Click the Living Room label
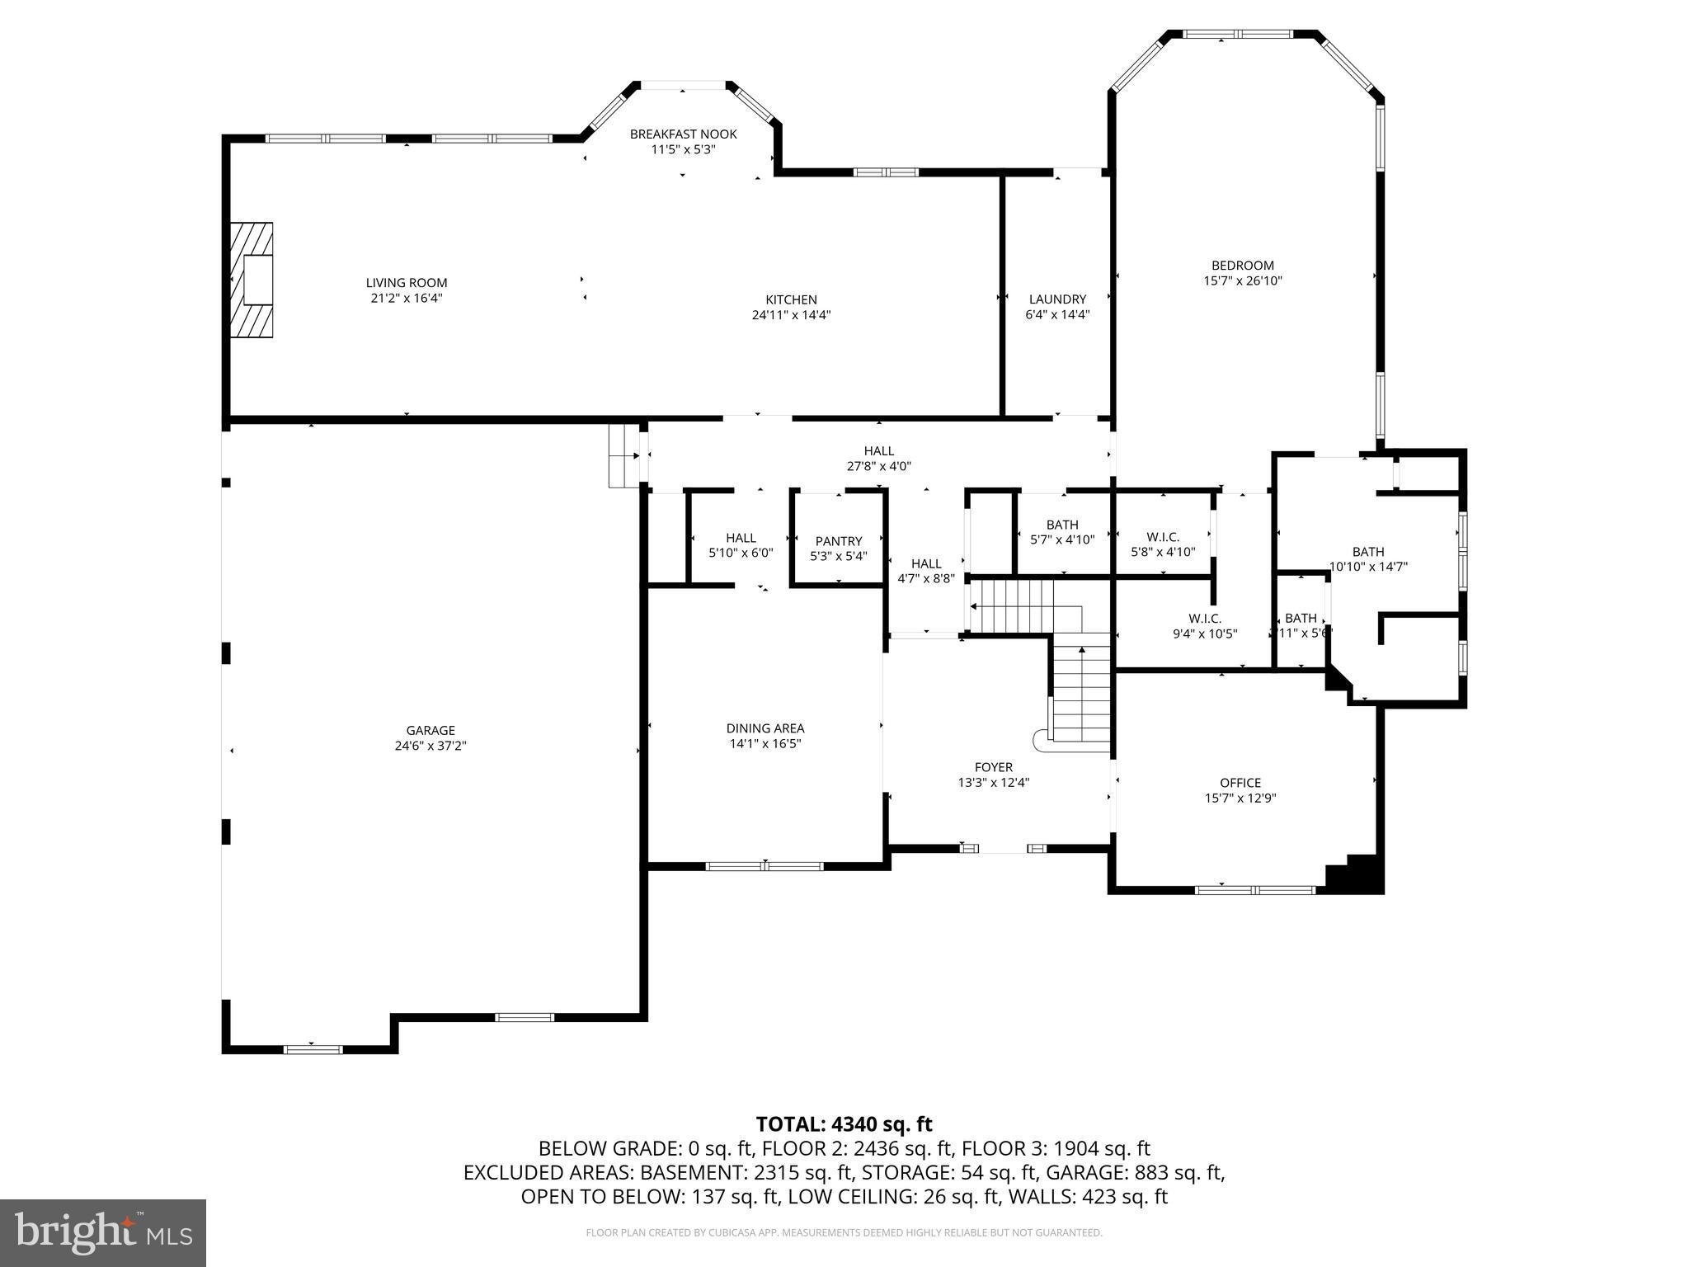(407, 283)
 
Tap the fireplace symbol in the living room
(252, 280)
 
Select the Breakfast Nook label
(683, 134)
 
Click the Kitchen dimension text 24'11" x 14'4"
(791, 315)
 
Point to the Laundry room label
(1057, 299)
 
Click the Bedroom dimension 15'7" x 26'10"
(1242, 280)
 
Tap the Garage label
(430, 730)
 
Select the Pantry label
(839, 541)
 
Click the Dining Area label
(765, 728)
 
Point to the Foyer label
(993, 767)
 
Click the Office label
(1240, 783)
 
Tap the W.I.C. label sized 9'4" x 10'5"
(1204, 619)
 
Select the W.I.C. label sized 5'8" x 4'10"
(1163, 537)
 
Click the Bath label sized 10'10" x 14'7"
(1368, 552)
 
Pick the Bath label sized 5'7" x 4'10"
(1062, 525)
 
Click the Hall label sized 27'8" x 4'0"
(878, 451)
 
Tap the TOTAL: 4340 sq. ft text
(844, 1124)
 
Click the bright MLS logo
(103, 1232)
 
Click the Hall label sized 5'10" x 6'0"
(741, 538)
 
